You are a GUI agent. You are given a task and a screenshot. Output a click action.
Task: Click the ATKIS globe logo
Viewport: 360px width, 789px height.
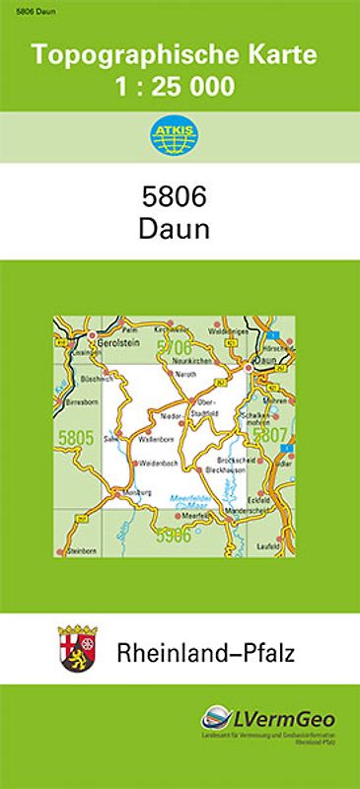pos(180,137)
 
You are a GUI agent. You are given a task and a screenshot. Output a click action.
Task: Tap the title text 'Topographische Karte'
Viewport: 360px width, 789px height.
pos(180,56)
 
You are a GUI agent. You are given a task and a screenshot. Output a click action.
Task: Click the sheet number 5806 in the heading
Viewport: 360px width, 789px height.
pos(180,196)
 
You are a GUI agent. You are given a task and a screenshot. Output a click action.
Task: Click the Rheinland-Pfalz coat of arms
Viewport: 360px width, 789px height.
pos(75,648)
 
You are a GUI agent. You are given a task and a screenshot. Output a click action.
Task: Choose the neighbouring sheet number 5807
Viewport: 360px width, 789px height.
pos(269,435)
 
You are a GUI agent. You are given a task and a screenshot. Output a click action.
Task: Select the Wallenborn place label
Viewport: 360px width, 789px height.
pos(159,438)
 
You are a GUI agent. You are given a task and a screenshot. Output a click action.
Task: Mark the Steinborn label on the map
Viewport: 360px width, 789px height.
pos(78,548)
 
